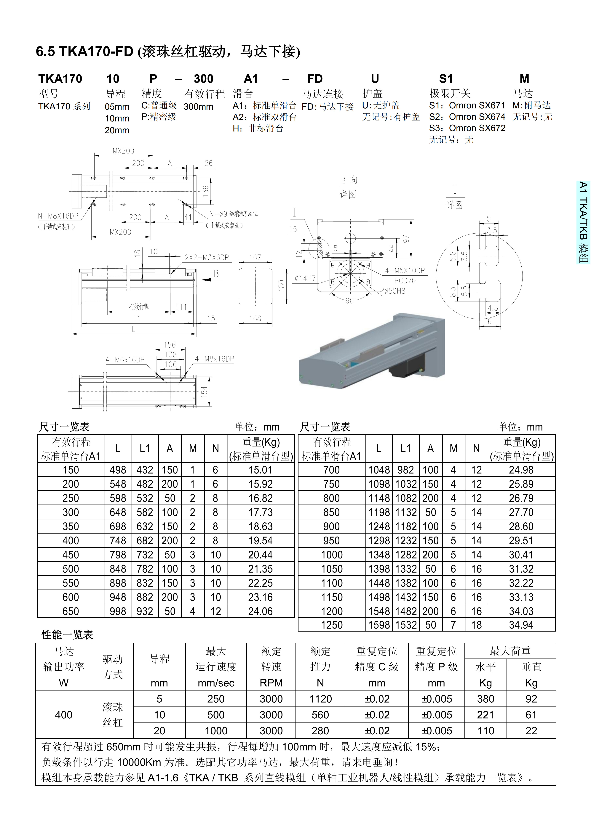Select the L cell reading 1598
point(379,625)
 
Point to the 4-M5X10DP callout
point(405,271)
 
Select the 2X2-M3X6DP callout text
point(207,258)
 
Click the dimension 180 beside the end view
point(281,285)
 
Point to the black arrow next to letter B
point(207,279)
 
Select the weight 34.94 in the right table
point(521,625)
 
